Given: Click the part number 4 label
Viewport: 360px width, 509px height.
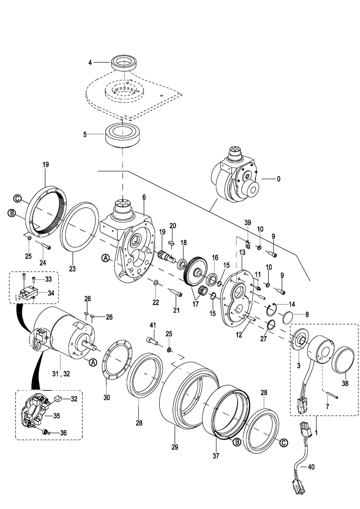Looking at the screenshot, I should (x=90, y=62).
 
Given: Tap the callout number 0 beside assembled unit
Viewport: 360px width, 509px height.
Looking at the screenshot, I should (x=278, y=179).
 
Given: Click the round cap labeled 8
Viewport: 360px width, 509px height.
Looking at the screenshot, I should (x=291, y=319).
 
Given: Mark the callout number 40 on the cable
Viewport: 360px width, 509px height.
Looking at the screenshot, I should (x=311, y=467).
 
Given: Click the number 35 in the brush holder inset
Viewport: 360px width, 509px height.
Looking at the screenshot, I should (x=56, y=416).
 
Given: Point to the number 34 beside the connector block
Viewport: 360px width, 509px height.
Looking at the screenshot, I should (x=51, y=293).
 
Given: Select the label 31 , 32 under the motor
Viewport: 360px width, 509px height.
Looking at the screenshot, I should (x=61, y=374).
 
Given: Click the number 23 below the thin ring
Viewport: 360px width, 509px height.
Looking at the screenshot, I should (x=72, y=269).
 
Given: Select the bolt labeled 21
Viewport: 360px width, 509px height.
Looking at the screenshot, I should (x=175, y=293).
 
